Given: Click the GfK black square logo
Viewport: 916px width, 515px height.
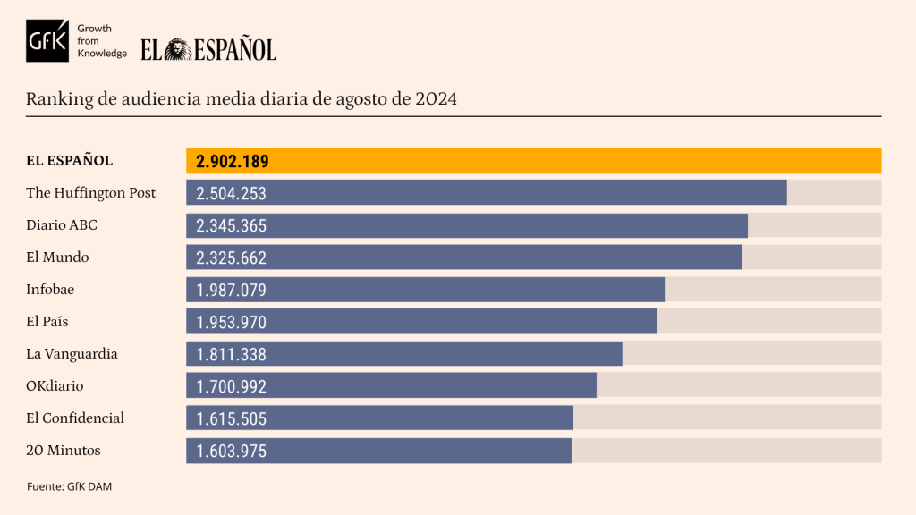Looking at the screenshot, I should pyautogui.click(x=47, y=41).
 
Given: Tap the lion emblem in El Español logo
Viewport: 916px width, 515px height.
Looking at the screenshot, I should pyautogui.click(x=177, y=49).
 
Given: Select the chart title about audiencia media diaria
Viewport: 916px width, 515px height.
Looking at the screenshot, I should pyautogui.click(x=242, y=98).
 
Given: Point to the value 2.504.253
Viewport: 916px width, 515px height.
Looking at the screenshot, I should pyautogui.click(x=232, y=193).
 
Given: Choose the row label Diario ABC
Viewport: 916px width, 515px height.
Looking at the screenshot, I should pyautogui.click(x=62, y=225).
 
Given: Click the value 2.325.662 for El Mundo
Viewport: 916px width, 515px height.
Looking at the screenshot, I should pyautogui.click(x=232, y=257).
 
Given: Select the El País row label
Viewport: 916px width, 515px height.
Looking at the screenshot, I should pyautogui.click(x=47, y=322).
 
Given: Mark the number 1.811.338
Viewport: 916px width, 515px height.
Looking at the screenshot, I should pyautogui.click(x=232, y=354).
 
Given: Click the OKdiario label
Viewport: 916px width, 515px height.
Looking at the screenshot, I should pyautogui.click(x=55, y=386).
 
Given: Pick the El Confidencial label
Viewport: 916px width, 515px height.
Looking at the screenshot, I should pyautogui.click(x=75, y=418).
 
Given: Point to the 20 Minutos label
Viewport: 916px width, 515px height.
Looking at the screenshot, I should pyautogui.click(x=64, y=451).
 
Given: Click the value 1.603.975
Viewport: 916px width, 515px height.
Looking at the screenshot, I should pyautogui.click(x=232, y=451).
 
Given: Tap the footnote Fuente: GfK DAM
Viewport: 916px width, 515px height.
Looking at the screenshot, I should pyautogui.click(x=69, y=486).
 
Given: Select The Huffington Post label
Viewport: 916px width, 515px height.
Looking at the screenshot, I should pyautogui.click(x=91, y=193).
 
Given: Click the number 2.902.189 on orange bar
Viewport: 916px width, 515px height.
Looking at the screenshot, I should pyautogui.click(x=233, y=161).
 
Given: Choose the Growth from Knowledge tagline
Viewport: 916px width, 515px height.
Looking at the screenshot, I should pyautogui.click(x=102, y=41).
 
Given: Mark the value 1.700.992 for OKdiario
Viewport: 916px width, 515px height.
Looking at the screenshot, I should pyautogui.click(x=232, y=386).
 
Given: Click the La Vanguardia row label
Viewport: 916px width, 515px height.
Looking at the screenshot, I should pyautogui.click(x=72, y=354).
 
